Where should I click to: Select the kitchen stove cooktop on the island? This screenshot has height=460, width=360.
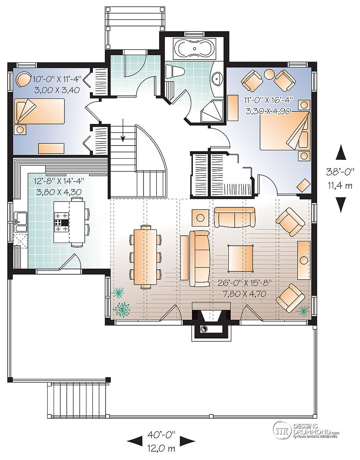coord(61,223)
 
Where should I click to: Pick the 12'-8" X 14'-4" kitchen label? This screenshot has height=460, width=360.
coord(59,181)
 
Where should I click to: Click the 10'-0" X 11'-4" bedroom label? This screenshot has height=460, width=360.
coord(57,79)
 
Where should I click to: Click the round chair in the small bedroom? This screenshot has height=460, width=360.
coord(24,80)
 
